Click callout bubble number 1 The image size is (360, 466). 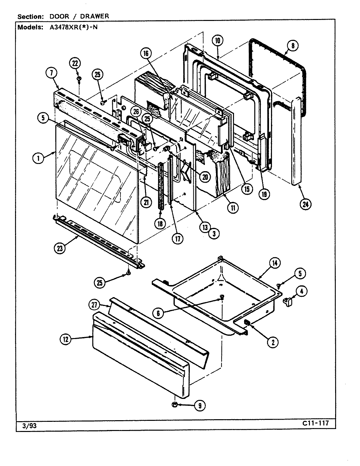(38, 158)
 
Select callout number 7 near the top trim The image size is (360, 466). (51, 73)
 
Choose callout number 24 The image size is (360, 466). (305, 205)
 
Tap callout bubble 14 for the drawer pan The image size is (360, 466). (274, 262)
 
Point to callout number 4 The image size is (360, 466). (302, 291)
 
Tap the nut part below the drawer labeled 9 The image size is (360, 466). (174, 405)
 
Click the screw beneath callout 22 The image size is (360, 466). (79, 79)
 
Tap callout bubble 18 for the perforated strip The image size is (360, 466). (161, 224)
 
